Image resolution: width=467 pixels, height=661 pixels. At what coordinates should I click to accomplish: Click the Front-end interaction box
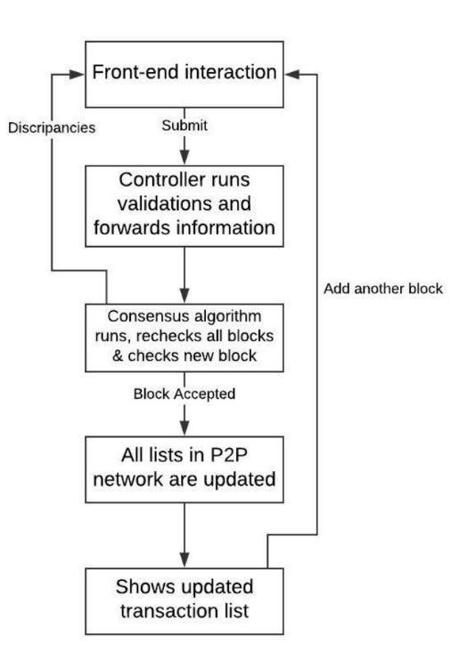pyautogui.click(x=184, y=74)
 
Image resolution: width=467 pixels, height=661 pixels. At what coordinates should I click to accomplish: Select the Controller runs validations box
pyautogui.click(x=184, y=206)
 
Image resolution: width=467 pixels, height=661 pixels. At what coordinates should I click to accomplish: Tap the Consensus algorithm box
pyautogui.click(x=184, y=338)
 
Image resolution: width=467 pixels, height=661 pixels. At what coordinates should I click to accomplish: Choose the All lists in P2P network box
pyautogui.click(x=184, y=469)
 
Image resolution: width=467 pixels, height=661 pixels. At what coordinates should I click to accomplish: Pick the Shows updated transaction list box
pyautogui.click(x=184, y=601)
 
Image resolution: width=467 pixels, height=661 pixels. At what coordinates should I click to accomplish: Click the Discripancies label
pyautogui.click(x=52, y=127)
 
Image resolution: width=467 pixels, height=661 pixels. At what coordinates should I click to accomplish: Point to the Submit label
pyautogui.click(x=184, y=126)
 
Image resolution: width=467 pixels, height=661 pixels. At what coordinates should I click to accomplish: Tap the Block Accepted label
pyautogui.click(x=184, y=394)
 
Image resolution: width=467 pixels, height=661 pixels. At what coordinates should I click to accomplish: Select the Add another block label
pyautogui.click(x=383, y=289)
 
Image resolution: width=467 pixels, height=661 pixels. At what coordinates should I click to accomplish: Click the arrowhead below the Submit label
pyautogui.click(x=184, y=157)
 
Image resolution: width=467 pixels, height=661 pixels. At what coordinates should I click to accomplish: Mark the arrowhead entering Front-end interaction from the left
pyautogui.click(x=78, y=75)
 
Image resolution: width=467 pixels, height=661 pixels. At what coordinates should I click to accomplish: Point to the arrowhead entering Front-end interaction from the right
pyautogui.click(x=292, y=75)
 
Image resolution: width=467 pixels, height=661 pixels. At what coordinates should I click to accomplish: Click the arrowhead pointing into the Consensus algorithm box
pyautogui.click(x=184, y=295)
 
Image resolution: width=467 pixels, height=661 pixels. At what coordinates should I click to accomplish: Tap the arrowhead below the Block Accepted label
pyautogui.click(x=184, y=428)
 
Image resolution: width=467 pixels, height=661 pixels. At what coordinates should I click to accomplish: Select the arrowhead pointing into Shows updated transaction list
pyautogui.click(x=184, y=559)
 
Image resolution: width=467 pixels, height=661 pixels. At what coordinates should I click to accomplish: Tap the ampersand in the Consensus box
pyautogui.click(x=118, y=356)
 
